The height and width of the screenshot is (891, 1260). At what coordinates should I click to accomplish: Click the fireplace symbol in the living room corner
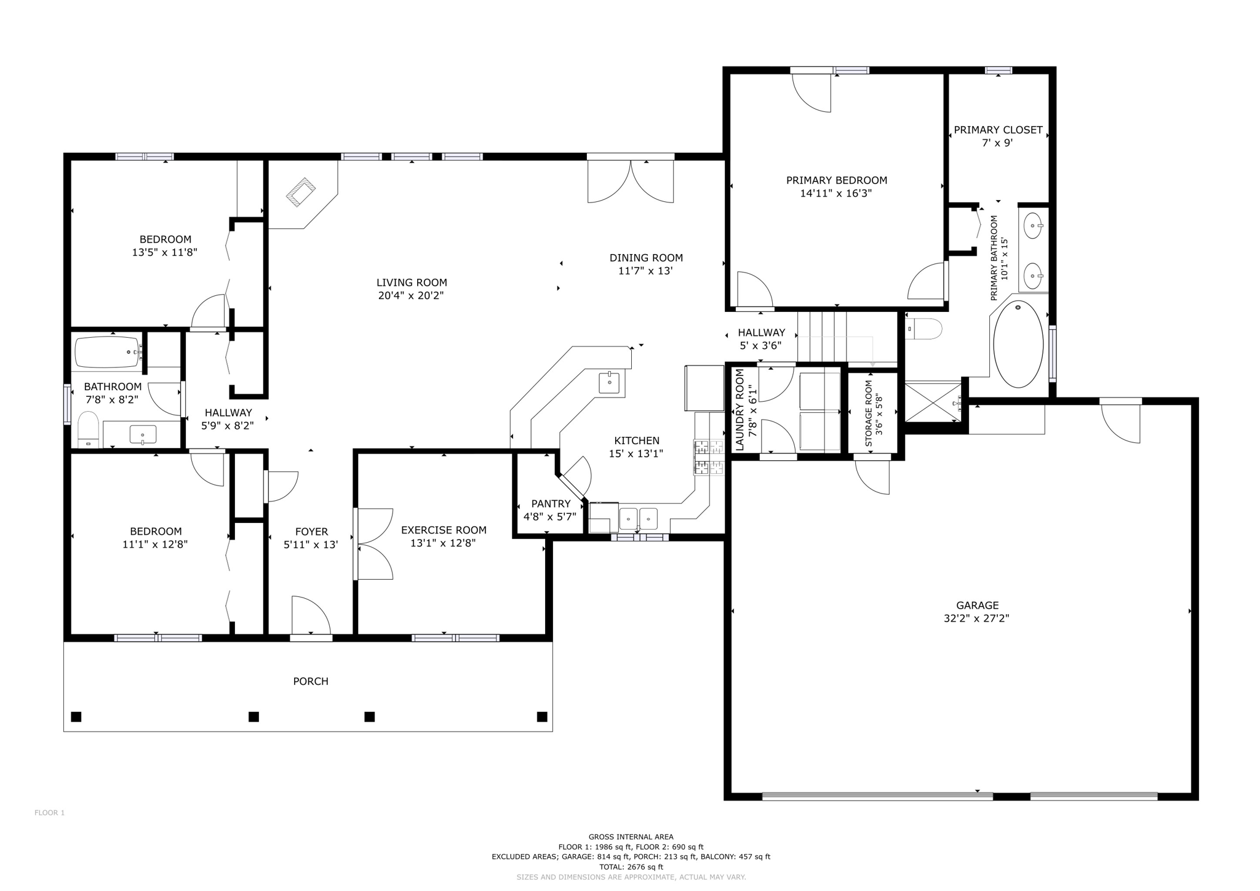[x=301, y=191]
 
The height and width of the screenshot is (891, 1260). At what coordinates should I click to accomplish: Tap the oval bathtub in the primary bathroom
[x=1018, y=344]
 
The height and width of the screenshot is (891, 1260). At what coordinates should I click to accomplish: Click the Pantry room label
[x=551, y=504]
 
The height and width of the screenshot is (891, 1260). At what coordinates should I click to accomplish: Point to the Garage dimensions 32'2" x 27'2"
[x=976, y=618]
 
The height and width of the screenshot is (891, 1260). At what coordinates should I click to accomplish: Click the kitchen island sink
[x=610, y=382]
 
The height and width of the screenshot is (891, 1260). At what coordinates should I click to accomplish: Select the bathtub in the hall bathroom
[x=108, y=352]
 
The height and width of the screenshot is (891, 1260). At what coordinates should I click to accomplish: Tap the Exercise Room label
[x=444, y=530]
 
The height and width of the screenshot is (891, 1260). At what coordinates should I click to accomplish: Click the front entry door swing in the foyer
[x=311, y=615]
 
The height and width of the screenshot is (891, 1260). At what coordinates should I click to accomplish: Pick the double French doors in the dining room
[x=631, y=180]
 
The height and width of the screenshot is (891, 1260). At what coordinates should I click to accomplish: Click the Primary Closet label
[x=998, y=130]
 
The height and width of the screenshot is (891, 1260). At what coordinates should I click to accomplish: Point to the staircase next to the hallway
[x=822, y=337]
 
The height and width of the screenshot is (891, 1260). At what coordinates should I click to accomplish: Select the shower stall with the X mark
[x=933, y=402]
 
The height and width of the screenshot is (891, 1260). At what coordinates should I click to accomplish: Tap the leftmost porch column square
[x=76, y=716]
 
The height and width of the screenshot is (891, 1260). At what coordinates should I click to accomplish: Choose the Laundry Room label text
[x=740, y=410]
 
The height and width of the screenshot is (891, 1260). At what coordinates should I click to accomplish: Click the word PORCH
[x=311, y=681]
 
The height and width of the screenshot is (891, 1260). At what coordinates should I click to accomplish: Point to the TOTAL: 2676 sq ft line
[x=631, y=866]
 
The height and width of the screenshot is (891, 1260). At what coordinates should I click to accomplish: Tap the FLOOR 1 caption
[x=49, y=813]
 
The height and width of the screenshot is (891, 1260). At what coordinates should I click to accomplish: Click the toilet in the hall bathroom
[x=89, y=428]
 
